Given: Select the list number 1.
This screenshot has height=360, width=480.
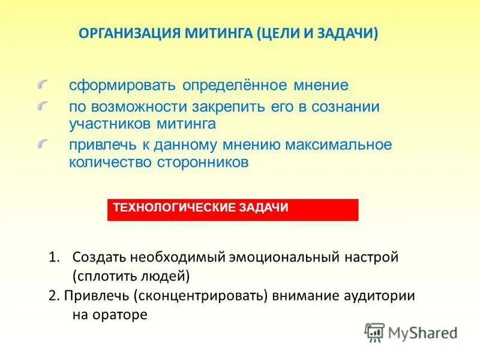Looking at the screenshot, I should (53, 257).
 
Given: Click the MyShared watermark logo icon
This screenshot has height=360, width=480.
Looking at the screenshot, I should (375, 332).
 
